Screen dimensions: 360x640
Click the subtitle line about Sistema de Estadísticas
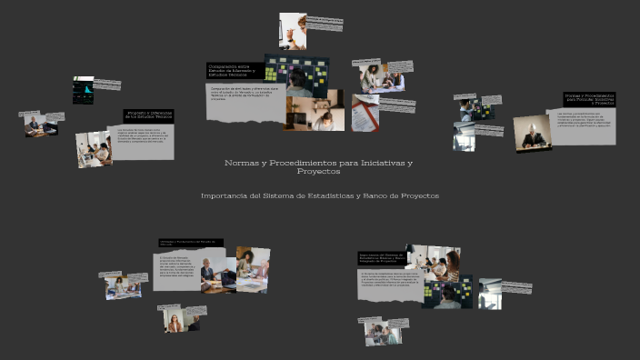coord(319,195)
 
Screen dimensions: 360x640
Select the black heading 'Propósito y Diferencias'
coord(148,115)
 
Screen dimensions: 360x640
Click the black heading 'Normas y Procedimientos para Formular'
coord(589,99)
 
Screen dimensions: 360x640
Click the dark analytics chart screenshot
coord(83,90)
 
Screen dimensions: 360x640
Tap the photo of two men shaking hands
coord(39,125)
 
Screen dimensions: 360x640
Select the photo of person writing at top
coord(292,30)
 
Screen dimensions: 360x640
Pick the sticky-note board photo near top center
coord(295,76)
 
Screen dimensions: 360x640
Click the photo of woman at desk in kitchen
coord(93,148)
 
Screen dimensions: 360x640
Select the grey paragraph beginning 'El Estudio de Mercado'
coord(175,272)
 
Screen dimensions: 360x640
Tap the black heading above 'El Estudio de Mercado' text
coord(190,243)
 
